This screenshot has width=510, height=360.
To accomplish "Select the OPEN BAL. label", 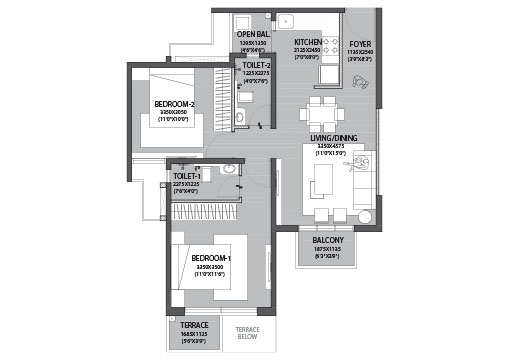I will pyautogui.click(x=254, y=35).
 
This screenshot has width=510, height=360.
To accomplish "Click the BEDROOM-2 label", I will pyautogui.click(x=174, y=103).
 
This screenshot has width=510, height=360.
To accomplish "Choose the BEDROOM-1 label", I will pyautogui.click(x=211, y=258).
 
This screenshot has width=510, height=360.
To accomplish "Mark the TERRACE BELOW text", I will pyautogui.click(x=245, y=333).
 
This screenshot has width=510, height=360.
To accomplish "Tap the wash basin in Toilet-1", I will pyautogui.click(x=230, y=170).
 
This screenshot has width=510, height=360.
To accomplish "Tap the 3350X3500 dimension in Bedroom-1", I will pyautogui.click(x=211, y=267).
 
